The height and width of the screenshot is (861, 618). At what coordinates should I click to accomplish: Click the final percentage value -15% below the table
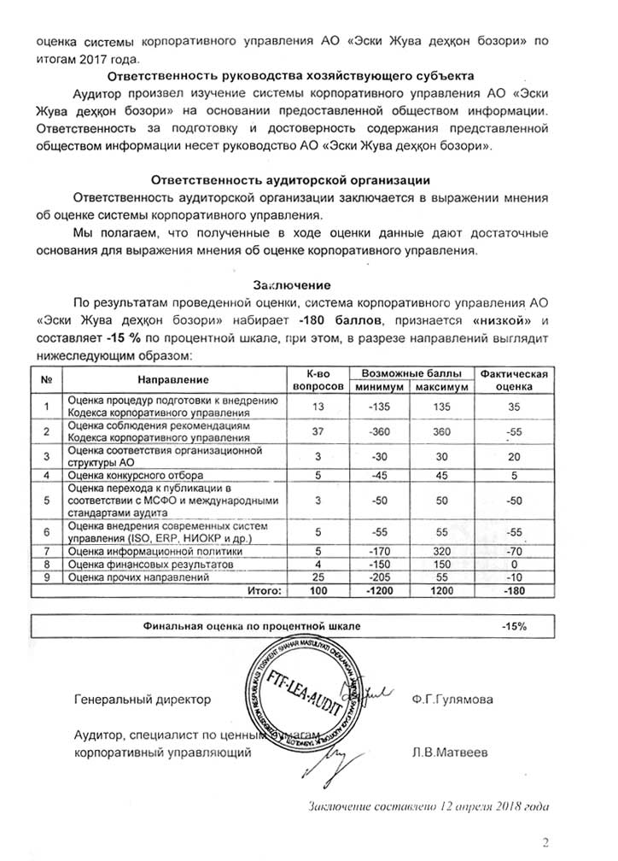point(514,626)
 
